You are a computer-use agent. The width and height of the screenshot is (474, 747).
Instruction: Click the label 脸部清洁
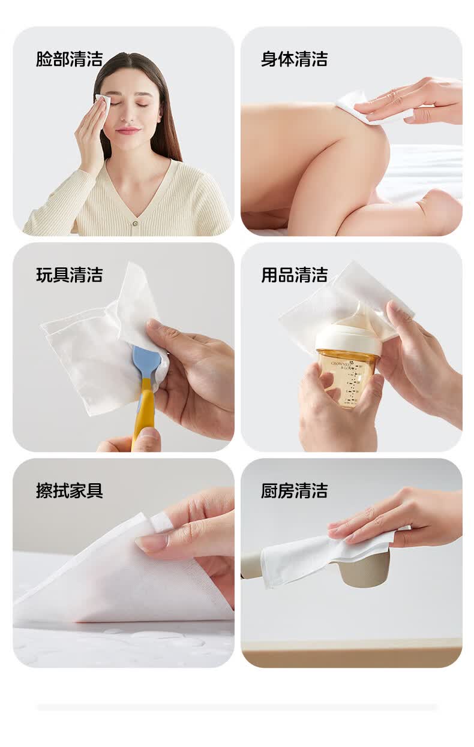point(70,59)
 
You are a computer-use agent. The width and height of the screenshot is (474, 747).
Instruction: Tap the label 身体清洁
point(294,59)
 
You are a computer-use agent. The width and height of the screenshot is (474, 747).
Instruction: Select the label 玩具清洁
point(70,275)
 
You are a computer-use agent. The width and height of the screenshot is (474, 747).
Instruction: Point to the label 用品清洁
point(294,275)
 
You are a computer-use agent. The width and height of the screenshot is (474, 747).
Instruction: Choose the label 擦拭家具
point(70,491)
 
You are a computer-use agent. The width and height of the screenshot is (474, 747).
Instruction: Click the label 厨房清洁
point(294,491)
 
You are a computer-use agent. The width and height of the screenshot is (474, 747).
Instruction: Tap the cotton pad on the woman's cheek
point(103,102)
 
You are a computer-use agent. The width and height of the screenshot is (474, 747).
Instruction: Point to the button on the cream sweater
point(135,224)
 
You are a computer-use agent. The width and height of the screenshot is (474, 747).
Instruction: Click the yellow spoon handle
point(143,411)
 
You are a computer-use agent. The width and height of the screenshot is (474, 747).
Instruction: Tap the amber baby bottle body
point(347,378)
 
